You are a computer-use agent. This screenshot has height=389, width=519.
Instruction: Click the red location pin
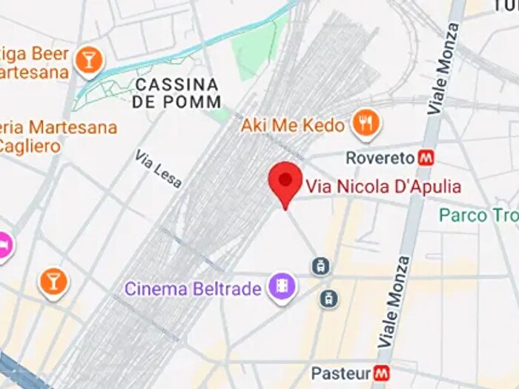point(285,181)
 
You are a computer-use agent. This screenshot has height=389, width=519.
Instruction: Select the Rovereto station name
point(380,158)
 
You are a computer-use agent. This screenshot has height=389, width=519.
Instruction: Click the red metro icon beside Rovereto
point(426,158)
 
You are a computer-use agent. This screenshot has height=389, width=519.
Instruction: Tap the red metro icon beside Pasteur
point(382,373)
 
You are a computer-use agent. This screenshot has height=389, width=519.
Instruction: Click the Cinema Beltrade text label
point(193,288)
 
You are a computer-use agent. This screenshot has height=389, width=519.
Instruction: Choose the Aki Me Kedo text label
point(293,125)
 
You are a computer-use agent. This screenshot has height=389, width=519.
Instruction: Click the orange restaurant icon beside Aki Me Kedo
point(365,124)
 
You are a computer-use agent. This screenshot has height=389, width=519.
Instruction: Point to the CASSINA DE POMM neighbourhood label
point(176,93)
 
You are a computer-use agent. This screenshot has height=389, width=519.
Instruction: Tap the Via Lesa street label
point(158,169)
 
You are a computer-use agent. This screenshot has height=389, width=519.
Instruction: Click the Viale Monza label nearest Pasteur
point(394,302)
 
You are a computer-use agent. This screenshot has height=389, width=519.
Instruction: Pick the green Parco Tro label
point(475,215)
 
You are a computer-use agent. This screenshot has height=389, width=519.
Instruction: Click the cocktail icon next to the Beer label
point(89,60)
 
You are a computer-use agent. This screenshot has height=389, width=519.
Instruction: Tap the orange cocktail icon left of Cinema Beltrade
point(53,282)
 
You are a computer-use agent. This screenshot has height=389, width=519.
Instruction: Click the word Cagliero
point(30,146)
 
